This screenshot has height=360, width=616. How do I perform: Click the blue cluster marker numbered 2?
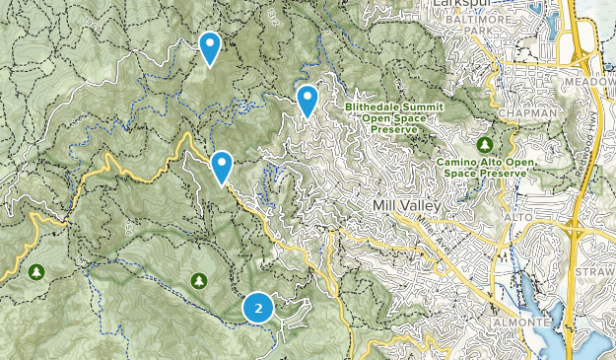pos(258,308)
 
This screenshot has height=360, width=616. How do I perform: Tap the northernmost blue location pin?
pos(209,46)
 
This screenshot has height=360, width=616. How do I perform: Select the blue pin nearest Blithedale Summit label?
pos(308,100)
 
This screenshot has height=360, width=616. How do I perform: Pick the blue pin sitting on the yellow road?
pos(222,167)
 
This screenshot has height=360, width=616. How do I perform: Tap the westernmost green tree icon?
pos(37,271)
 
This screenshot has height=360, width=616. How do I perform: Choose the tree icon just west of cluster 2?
pos(199,281)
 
